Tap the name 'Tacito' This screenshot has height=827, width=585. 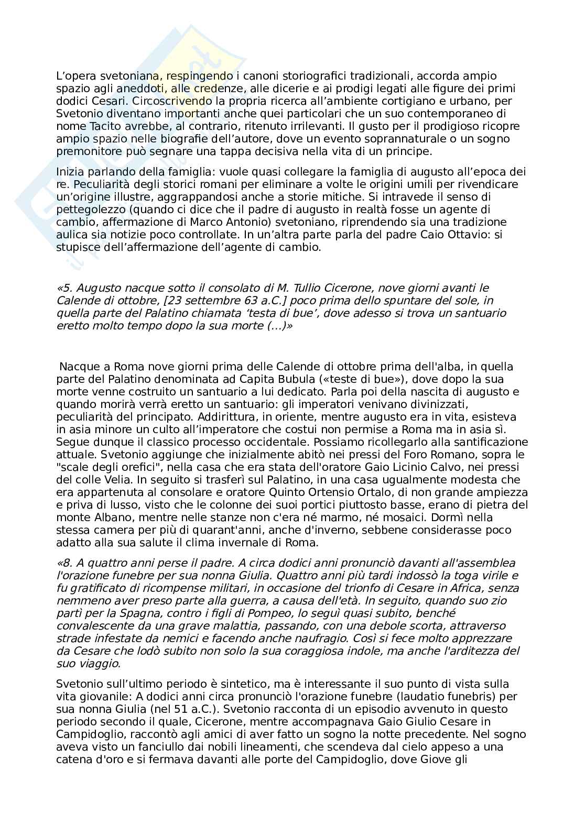[103, 126]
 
